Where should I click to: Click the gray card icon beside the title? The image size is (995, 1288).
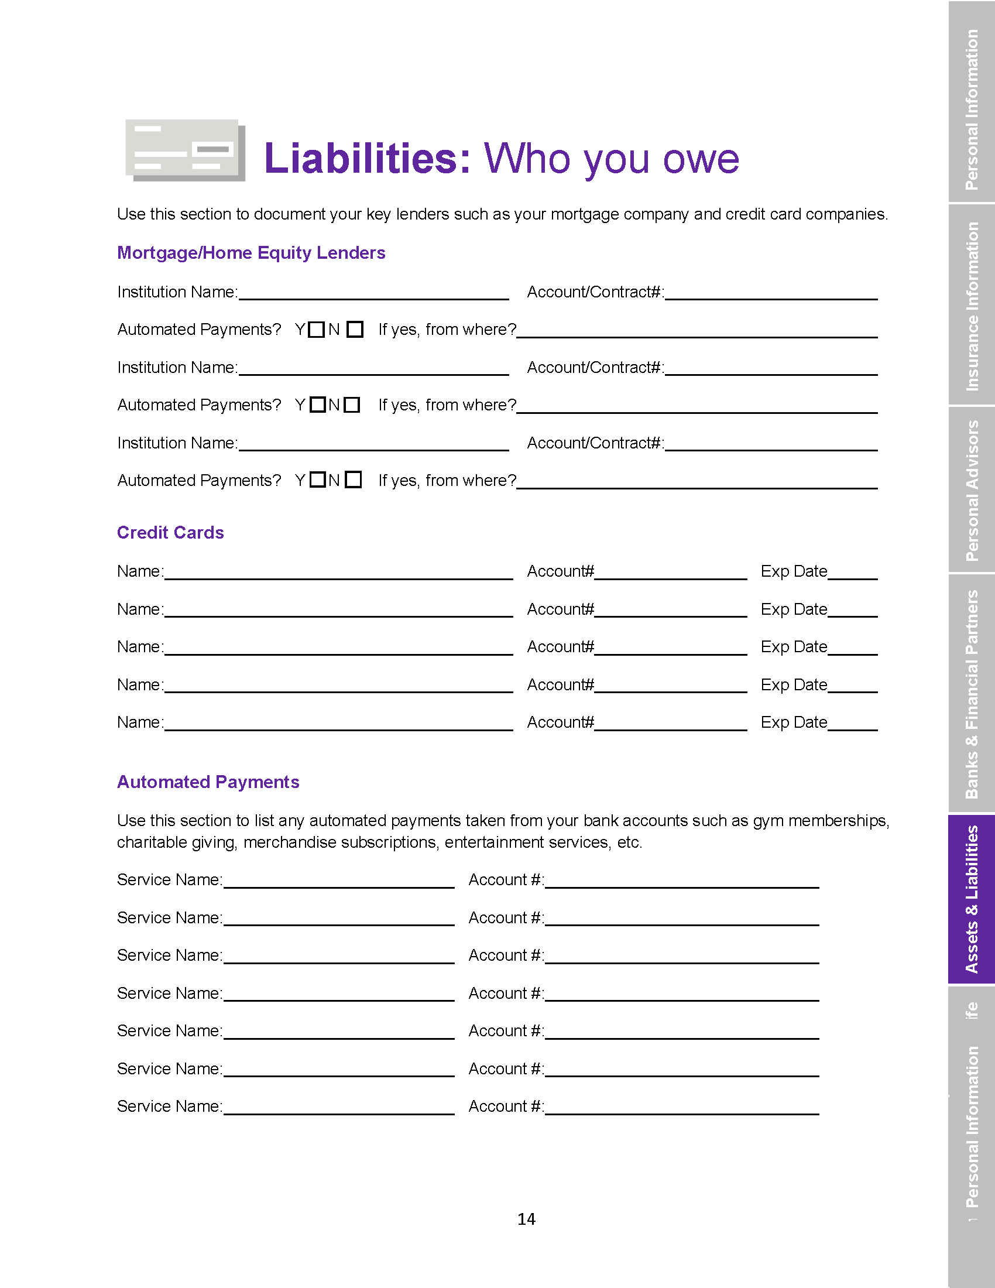point(185,150)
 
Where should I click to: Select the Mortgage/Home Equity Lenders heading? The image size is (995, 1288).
point(251,253)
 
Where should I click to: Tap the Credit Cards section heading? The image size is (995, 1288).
point(170,533)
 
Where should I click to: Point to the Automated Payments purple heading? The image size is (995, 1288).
point(208,782)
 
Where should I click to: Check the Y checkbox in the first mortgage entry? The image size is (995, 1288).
point(317,329)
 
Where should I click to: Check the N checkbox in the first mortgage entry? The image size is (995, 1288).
point(355,329)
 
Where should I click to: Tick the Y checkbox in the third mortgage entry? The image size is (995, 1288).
point(317,479)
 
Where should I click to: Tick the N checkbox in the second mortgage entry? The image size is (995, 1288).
point(352,405)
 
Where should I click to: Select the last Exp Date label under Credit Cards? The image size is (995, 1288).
point(794,722)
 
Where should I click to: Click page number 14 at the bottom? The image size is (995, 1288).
point(526,1219)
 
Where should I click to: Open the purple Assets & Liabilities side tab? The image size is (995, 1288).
point(972,899)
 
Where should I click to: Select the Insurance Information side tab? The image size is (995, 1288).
point(972,306)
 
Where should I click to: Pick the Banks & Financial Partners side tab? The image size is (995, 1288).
point(972,694)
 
